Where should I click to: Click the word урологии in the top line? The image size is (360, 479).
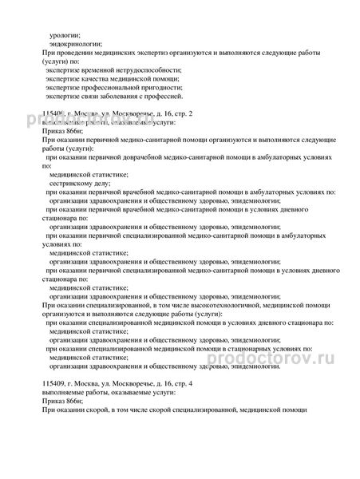(x=65, y=34)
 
